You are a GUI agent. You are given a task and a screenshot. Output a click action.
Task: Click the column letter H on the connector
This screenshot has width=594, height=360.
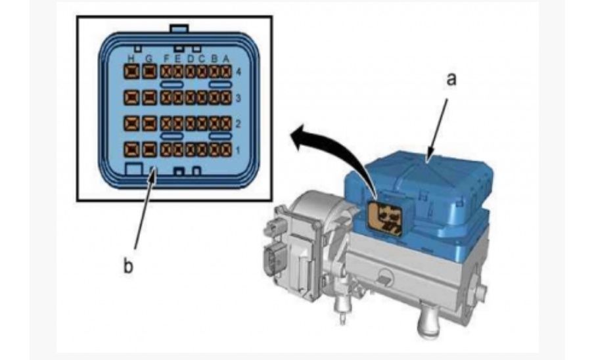click(131, 59)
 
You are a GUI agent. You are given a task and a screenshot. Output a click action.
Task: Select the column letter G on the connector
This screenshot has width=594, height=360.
click(149, 59)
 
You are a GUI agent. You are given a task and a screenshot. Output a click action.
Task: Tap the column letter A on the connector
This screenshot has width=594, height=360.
click(226, 59)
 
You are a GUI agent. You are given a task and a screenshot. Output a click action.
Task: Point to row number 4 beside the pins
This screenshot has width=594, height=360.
click(238, 72)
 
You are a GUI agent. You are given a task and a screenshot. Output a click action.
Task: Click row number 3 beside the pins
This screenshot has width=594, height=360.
click(238, 99)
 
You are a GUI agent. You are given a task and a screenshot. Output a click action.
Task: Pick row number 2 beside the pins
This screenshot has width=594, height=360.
click(238, 124)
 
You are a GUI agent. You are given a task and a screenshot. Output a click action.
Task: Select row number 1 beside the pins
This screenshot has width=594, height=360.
click(238, 150)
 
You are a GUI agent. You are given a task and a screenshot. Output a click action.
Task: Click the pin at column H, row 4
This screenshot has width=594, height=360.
click(131, 72)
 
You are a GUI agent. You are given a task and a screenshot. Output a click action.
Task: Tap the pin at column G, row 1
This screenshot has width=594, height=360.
click(149, 150)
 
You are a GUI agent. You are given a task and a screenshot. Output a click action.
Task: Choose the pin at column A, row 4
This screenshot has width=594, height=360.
click(226, 72)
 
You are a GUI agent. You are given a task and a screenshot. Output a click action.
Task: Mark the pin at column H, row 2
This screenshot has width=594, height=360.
click(131, 124)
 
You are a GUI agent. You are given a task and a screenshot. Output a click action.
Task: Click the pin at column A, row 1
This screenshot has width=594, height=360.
click(226, 150)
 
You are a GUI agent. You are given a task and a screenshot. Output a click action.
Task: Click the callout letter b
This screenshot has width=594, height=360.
click(128, 266)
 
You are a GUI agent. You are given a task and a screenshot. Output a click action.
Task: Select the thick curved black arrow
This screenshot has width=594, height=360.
click(333, 155)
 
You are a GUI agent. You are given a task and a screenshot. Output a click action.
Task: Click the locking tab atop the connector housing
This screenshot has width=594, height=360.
click(179, 29)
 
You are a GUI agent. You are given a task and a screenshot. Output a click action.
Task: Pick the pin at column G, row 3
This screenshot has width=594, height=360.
click(149, 98)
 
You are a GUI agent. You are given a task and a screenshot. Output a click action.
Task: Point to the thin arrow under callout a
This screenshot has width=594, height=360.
click(437, 131)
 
